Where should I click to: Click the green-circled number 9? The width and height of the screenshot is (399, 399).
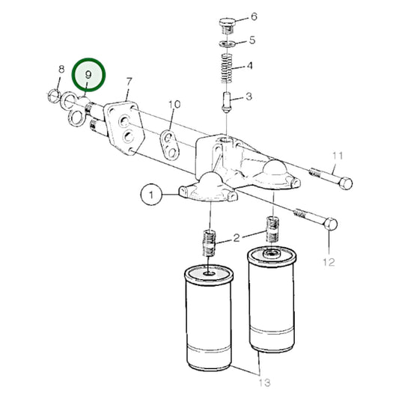click(x=89, y=76)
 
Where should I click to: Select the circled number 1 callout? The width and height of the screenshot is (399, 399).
click(x=150, y=195)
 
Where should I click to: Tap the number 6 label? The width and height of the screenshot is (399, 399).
click(x=254, y=16)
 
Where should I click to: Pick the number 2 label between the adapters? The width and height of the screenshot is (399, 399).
click(x=237, y=239)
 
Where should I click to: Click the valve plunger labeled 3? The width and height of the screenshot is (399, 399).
click(x=227, y=98)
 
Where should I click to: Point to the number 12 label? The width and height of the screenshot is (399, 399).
click(x=329, y=262)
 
